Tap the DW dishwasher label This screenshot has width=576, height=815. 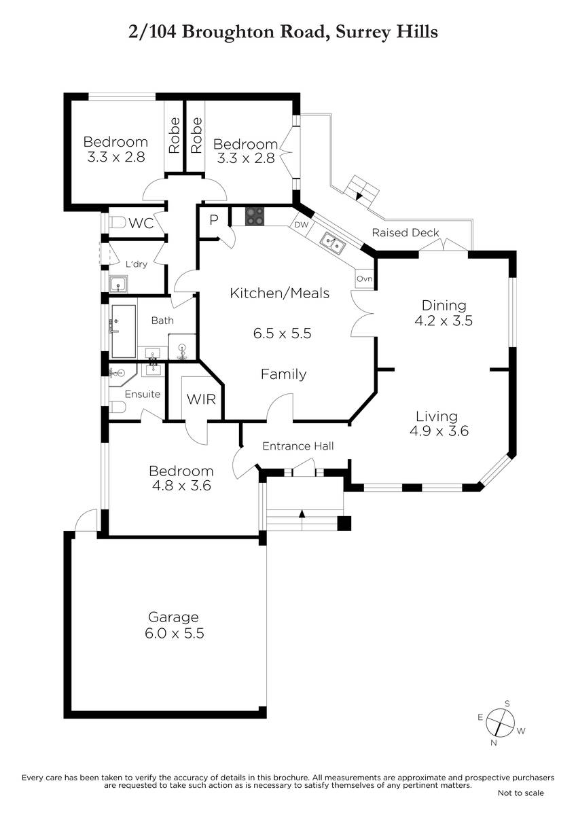(x=301, y=225)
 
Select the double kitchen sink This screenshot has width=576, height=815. (x=333, y=242)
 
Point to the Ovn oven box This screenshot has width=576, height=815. (x=364, y=278)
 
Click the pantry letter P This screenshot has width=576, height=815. (x=213, y=220)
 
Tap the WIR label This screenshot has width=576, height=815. (x=201, y=399)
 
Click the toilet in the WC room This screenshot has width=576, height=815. (x=117, y=222)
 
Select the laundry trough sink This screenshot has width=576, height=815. (x=119, y=284)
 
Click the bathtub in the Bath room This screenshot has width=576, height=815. (x=124, y=331)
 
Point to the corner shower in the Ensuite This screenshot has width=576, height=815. (x=122, y=374)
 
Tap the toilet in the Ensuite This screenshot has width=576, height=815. (x=117, y=407)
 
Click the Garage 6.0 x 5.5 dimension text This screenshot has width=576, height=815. (x=175, y=633)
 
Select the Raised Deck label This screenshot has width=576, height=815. (x=406, y=232)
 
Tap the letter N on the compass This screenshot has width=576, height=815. (x=493, y=743)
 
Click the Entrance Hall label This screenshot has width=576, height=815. (x=298, y=446)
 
